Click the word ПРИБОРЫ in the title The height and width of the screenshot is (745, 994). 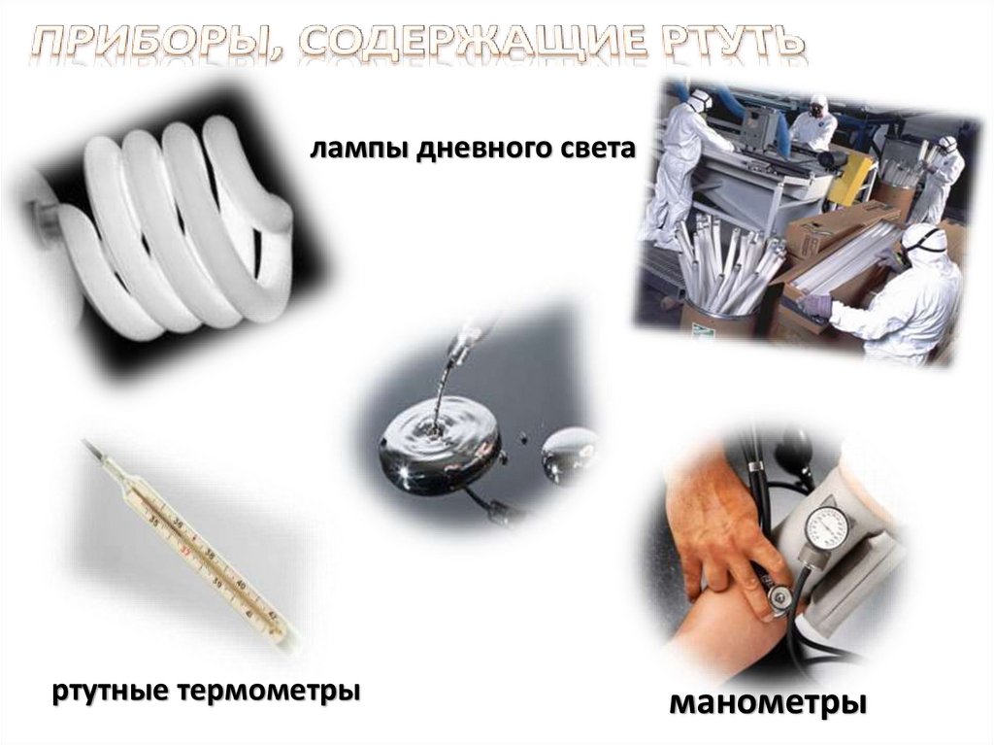(156, 43)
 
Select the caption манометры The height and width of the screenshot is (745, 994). (769, 702)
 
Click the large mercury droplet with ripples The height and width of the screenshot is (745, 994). (440, 446)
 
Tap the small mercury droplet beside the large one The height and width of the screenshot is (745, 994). (569, 450)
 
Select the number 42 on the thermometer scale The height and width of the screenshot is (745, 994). (273, 615)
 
